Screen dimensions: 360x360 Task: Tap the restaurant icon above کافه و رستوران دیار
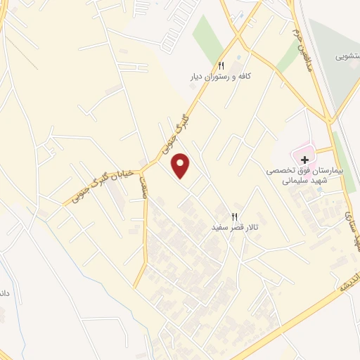click(x=221, y=63)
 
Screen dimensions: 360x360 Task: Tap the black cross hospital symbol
click(x=304, y=160)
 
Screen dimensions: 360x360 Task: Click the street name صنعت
click(x=143, y=187)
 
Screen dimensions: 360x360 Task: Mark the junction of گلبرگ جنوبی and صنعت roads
click(x=142, y=169)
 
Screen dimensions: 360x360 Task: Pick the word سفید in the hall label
click(x=219, y=228)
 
